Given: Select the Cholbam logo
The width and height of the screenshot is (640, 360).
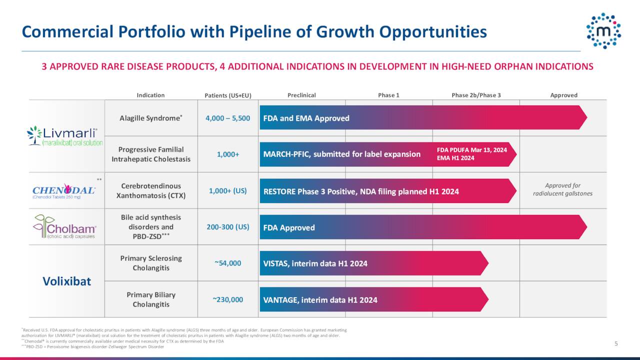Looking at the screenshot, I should click(65, 227).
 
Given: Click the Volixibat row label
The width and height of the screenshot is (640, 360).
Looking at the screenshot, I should click(66, 281).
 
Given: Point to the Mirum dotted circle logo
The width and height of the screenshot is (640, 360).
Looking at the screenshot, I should click(603, 31).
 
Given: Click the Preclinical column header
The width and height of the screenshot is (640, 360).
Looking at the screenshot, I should click(301, 95).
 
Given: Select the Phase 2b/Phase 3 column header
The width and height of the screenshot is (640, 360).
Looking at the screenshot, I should click(476, 95).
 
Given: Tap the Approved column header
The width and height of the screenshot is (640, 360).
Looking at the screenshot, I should click(563, 95).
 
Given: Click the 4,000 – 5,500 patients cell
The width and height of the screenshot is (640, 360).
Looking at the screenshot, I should click(227, 118).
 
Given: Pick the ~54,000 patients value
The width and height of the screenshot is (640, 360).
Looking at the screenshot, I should click(227, 263).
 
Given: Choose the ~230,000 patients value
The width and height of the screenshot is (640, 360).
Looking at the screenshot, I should click(227, 299).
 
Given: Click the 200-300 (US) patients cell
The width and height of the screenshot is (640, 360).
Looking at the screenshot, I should click(227, 227).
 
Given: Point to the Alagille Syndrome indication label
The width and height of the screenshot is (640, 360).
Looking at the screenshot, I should click(150, 118).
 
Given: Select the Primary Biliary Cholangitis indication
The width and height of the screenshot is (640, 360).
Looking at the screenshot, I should click(150, 299).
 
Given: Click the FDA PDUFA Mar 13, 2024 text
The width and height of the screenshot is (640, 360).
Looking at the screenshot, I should click(471, 150).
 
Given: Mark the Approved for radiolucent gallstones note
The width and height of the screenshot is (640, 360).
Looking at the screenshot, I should click(562, 189).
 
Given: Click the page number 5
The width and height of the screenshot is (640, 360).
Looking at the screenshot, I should click(616, 343).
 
